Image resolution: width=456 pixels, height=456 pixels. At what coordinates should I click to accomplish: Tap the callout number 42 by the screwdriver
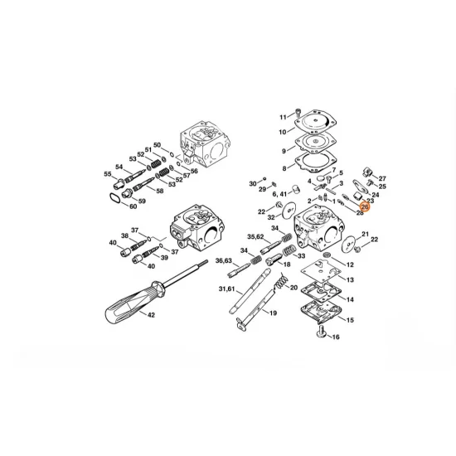(x=150, y=316)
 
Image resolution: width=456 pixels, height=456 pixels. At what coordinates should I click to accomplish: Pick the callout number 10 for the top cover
(x=282, y=132)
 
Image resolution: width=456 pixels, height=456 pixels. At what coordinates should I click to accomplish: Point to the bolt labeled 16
(x=335, y=337)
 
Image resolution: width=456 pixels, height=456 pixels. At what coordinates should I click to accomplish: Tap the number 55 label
(x=108, y=174)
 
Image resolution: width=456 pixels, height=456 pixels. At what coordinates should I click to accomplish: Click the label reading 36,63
(x=223, y=261)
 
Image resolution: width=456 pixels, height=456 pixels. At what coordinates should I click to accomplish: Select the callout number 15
(x=350, y=319)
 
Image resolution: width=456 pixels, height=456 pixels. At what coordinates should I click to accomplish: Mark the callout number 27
(x=382, y=178)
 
